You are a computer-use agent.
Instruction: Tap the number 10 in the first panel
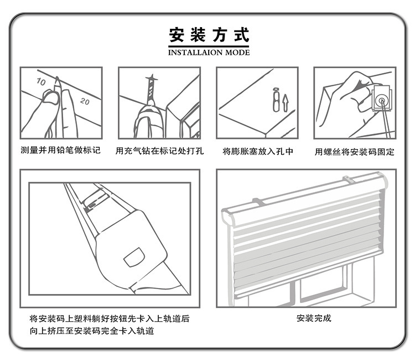(41, 81)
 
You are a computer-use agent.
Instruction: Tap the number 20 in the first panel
(85, 101)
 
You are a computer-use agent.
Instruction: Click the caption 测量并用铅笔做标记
(60, 151)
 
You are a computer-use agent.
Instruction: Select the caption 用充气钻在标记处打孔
(159, 151)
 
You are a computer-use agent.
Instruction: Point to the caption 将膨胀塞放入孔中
(257, 151)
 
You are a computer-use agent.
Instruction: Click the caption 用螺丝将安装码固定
(354, 151)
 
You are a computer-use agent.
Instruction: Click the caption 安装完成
(314, 318)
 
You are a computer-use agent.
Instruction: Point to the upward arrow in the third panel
(285, 102)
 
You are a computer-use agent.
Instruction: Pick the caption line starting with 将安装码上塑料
(109, 318)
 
